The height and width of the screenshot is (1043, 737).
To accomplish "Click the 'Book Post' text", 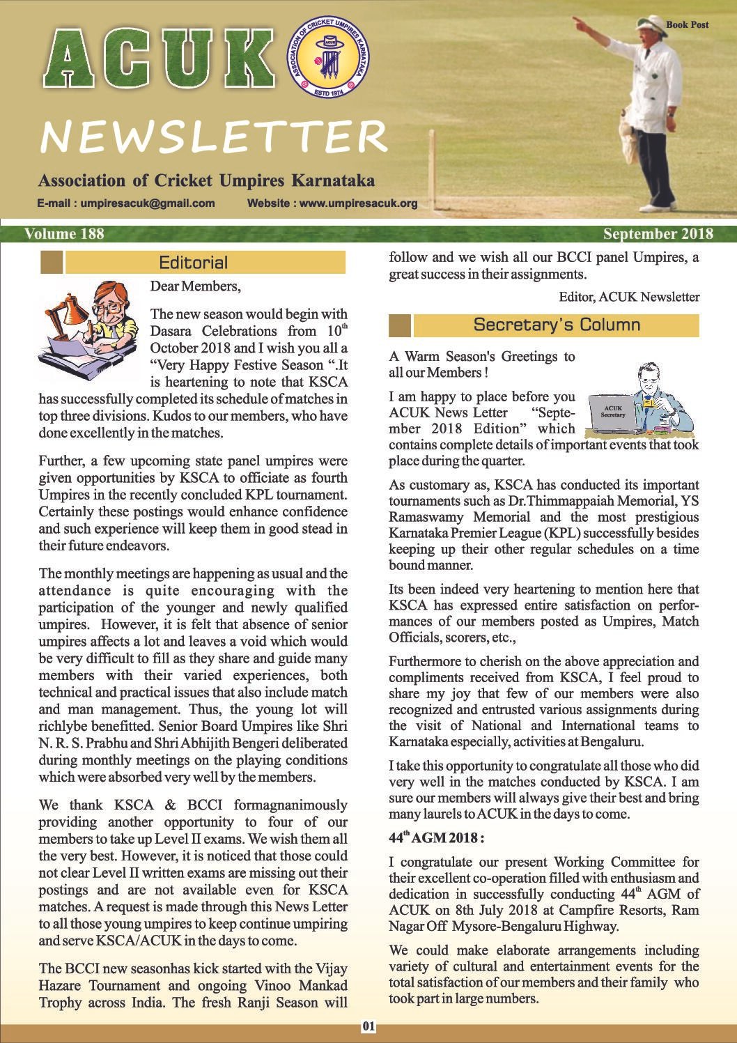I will point(687,24).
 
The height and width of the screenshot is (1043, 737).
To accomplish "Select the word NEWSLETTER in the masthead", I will point(214,136).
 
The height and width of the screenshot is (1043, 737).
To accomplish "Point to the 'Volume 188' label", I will point(64,233).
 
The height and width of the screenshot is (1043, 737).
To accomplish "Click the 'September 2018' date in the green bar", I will point(658,233).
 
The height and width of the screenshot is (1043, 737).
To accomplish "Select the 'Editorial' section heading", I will point(193,263).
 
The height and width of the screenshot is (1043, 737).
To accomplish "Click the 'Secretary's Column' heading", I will point(557,325).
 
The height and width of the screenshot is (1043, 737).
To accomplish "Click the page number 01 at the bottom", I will point(368,1026).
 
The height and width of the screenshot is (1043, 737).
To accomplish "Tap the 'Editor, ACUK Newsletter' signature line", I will point(629,297).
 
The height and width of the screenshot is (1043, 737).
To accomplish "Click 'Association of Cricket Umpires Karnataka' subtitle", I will point(207,181).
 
